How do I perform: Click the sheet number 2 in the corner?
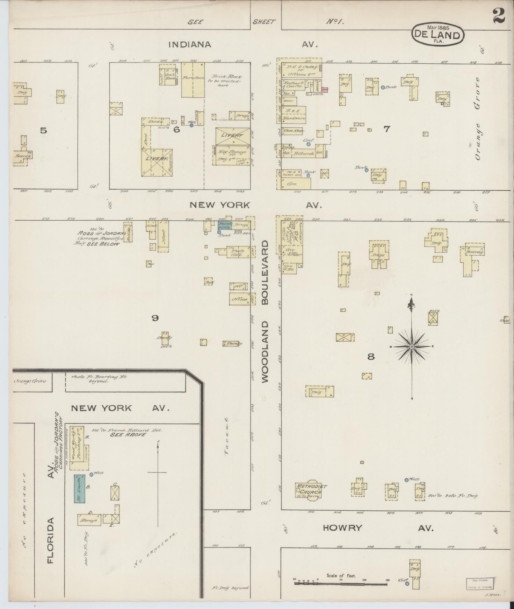[498, 16]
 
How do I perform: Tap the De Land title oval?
[438, 35]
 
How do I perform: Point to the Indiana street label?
[190, 45]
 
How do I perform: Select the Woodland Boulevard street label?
[265, 311]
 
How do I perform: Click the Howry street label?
[343, 528]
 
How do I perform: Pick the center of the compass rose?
[412, 346]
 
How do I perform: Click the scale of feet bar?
[341, 584]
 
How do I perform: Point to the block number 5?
[44, 130]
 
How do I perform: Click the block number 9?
[155, 318]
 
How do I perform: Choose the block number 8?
[371, 357]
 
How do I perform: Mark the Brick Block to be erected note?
[227, 81]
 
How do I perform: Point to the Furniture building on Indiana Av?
[193, 78]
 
